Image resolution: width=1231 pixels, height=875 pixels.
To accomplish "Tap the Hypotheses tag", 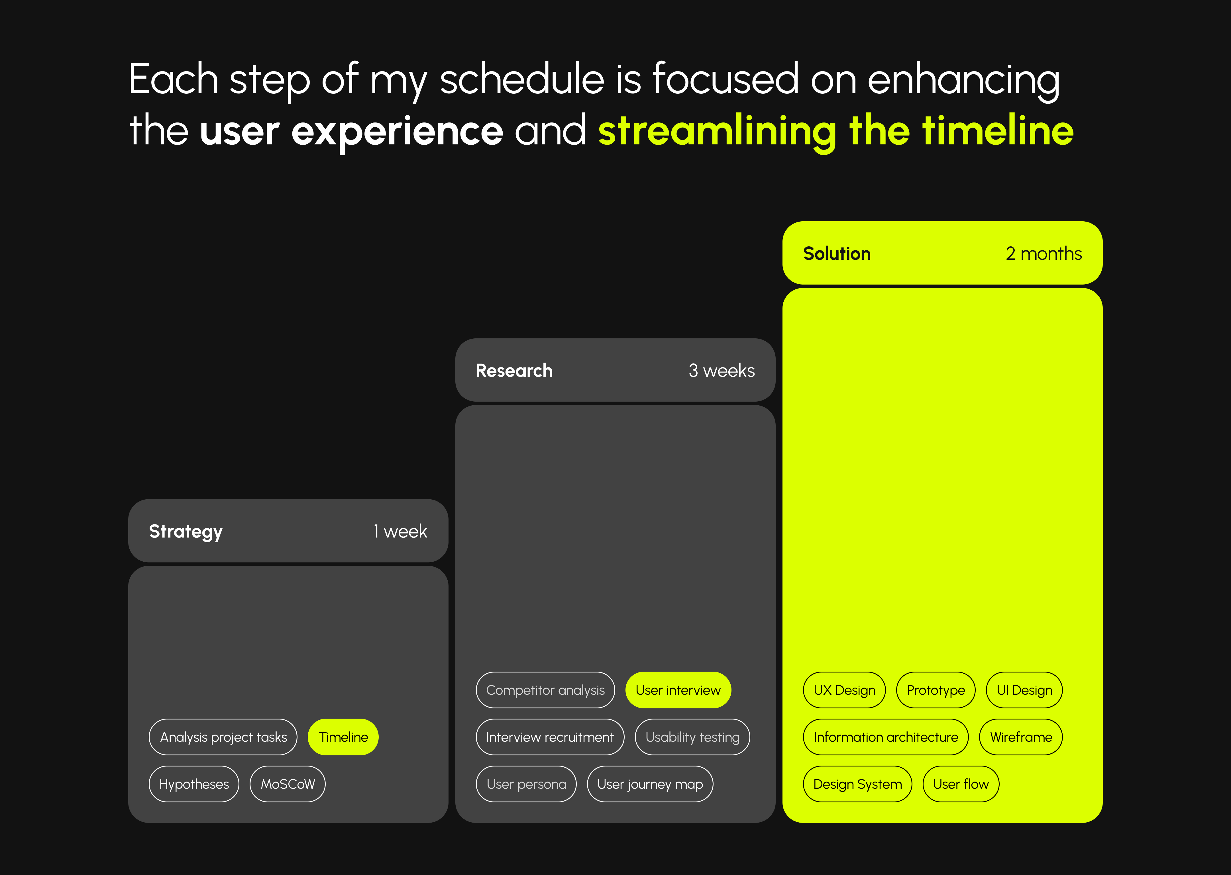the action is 194,784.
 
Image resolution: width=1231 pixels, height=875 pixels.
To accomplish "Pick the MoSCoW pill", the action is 288,784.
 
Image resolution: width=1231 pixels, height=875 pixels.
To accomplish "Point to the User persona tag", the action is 526,784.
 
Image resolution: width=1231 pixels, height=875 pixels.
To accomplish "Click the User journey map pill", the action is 650,784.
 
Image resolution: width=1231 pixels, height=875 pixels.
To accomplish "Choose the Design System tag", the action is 857,784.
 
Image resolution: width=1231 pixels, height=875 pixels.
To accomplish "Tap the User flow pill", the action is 961,784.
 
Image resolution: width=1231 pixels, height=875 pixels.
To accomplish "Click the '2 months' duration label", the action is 1044,253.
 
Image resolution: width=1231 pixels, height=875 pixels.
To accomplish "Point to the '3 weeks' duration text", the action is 722,371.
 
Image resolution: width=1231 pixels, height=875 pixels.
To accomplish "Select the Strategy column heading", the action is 186,532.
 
